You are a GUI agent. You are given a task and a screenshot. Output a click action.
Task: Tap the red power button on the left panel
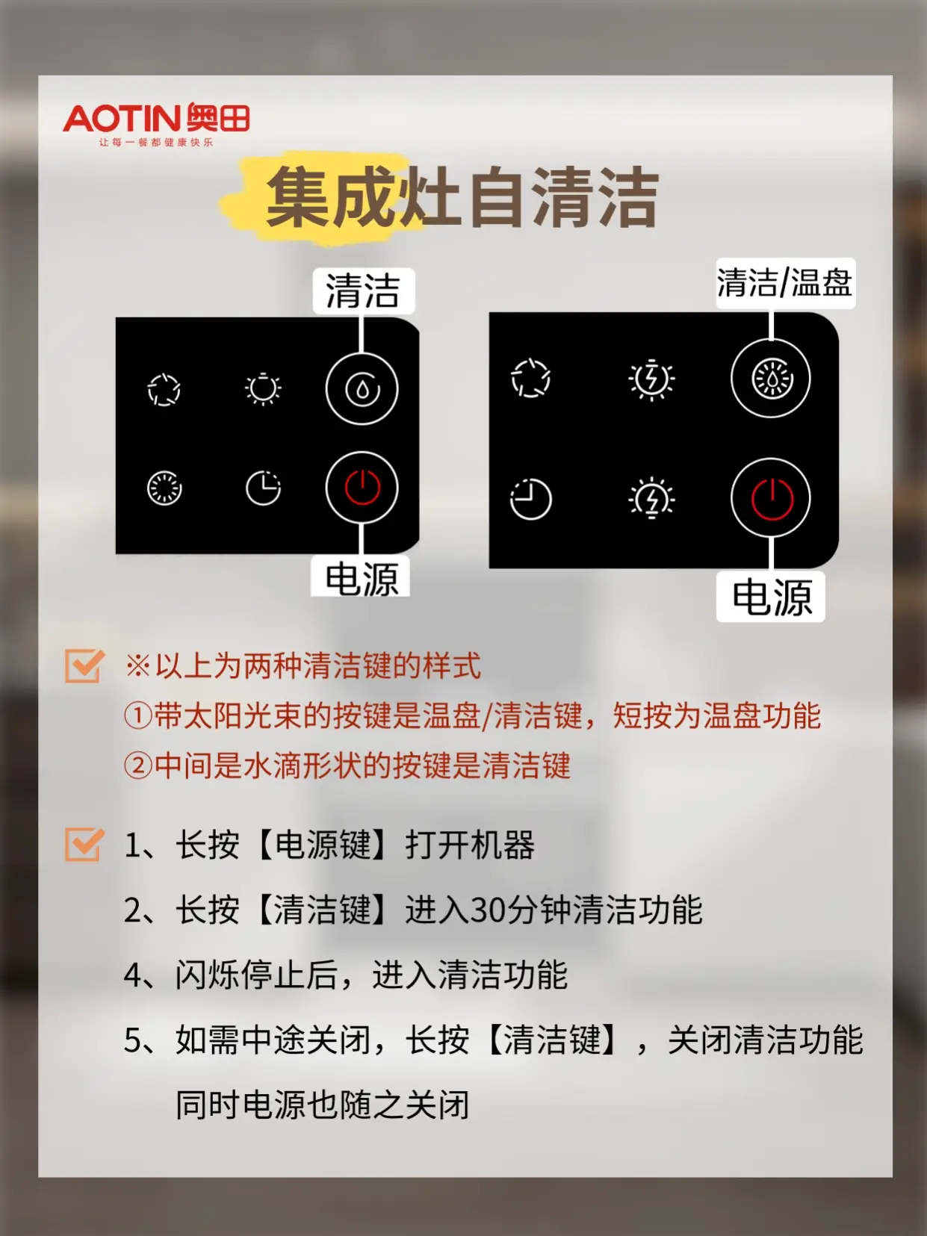click(362, 488)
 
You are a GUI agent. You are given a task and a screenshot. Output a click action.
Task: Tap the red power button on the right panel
click(771, 498)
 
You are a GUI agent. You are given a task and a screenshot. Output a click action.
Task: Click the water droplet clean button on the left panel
click(362, 389)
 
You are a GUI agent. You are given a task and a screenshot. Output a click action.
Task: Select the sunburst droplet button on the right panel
click(771, 379)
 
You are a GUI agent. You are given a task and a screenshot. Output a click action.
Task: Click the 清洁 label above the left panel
click(363, 291)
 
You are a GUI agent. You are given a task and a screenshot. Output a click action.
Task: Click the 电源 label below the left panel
click(362, 579)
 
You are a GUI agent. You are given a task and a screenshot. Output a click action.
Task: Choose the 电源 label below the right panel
click(771, 597)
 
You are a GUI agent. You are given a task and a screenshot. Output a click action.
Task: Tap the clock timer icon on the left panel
click(263, 488)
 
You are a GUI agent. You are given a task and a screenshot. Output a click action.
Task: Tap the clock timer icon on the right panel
click(530, 499)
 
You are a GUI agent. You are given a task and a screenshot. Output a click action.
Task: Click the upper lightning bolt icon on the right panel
click(651, 379)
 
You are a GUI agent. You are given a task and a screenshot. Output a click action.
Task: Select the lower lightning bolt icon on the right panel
click(651, 498)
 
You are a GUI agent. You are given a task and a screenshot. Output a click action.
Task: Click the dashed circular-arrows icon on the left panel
click(164, 389)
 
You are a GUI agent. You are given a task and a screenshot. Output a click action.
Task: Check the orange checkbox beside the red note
click(84, 665)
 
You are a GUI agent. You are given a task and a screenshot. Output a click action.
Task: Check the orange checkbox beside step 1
click(84, 845)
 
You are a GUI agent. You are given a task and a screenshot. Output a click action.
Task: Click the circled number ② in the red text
click(138, 765)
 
